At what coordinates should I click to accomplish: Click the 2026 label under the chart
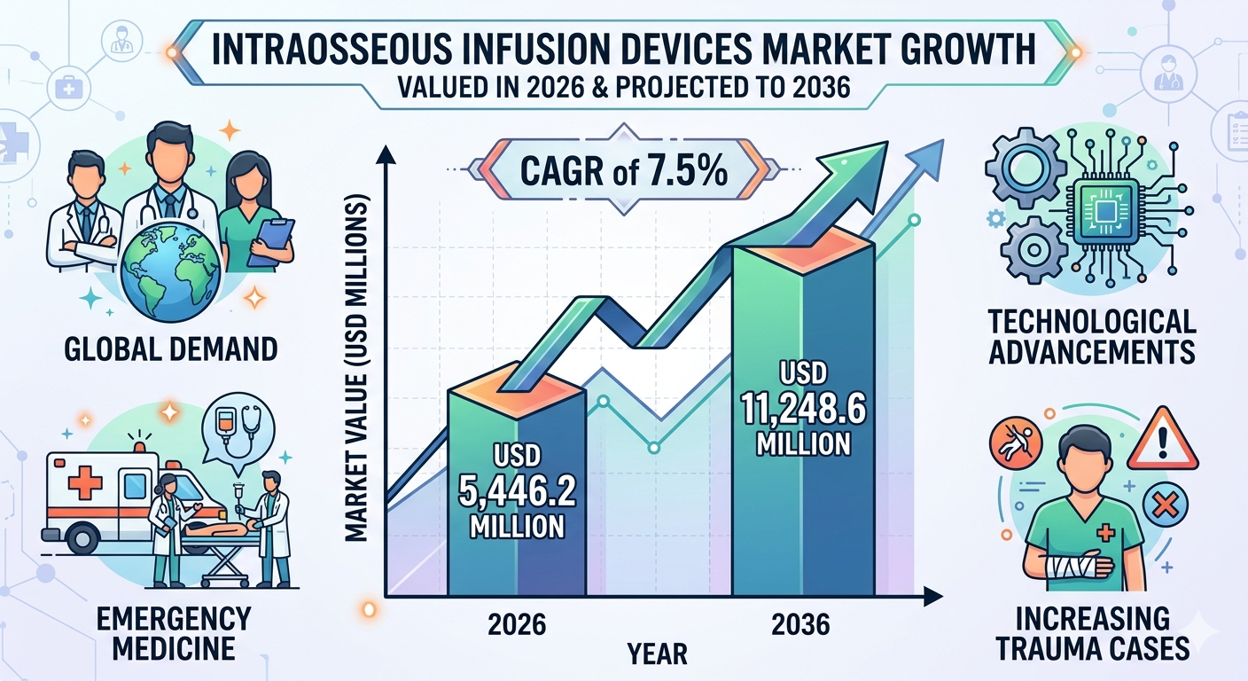click(x=517, y=624)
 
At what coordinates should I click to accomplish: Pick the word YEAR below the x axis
click(x=657, y=654)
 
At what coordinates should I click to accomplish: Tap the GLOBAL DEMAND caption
click(x=170, y=348)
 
